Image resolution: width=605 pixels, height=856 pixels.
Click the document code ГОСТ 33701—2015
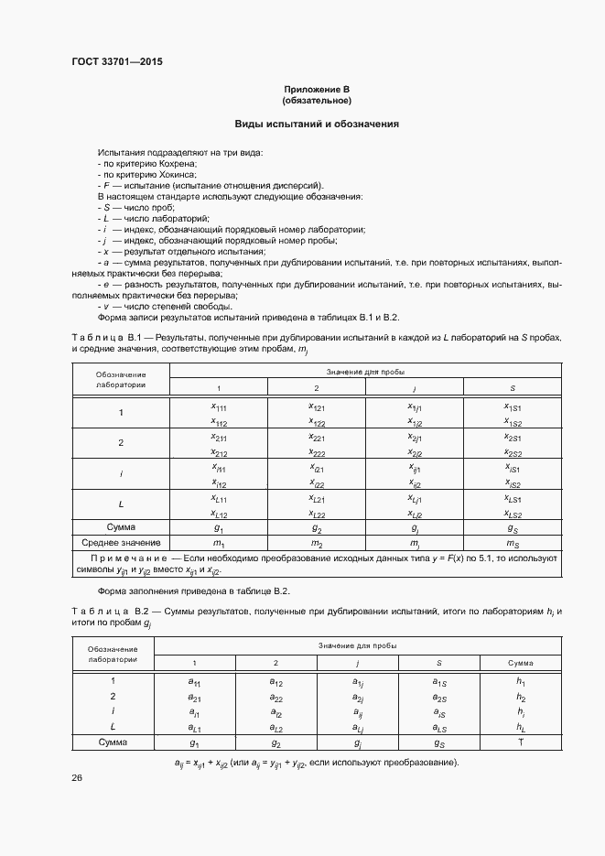pos(116,63)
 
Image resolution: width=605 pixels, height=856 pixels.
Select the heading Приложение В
pos(317,89)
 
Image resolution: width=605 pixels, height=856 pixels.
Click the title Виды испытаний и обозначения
pos(317,124)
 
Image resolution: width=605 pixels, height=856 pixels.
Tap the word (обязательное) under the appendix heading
pos(317,101)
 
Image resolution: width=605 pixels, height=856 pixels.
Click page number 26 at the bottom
pos(77,777)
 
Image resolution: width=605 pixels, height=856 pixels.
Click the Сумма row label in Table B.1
pos(121,526)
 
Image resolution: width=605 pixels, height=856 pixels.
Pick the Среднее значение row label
pos(121,544)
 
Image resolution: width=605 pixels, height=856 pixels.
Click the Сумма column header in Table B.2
pos(520,663)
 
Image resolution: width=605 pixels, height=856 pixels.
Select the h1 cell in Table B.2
pos(520,681)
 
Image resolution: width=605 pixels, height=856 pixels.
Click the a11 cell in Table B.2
pos(193,681)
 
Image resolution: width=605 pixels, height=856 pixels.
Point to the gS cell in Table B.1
pos(513,527)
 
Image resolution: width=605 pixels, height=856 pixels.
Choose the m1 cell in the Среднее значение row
pos(219,544)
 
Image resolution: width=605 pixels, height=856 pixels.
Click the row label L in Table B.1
pos(121,504)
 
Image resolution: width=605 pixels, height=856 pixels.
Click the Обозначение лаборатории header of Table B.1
pos(121,379)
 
